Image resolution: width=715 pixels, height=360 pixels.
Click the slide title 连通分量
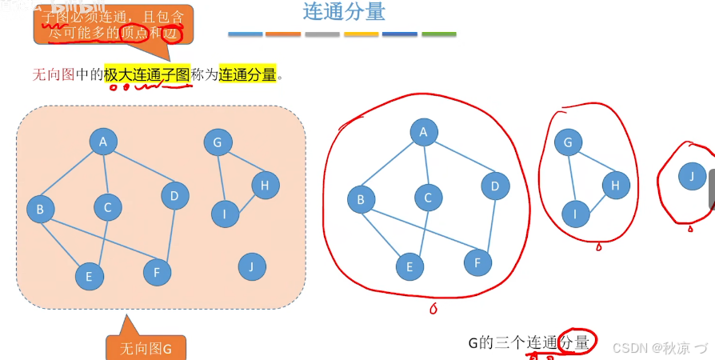pyautogui.click(x=344, y=12)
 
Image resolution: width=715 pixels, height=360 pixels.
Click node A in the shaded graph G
pyautogui.click(x=103, y=142)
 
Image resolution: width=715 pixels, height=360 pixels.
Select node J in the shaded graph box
pyautogui.click(x=252, y=266)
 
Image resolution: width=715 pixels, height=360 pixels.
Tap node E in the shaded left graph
pyautogui.click(x=90, y=277)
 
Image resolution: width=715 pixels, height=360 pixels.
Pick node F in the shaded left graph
pyautogui.click(x=157, y=272)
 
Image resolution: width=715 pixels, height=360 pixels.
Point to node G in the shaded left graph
pyautogui.click(x=217, y=143)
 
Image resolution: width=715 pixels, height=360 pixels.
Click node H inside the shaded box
pyautogui.click(x=266, y=186)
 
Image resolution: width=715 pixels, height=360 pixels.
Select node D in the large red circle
pyautogui.click(x=495, y=186)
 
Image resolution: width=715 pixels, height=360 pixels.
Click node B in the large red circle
pyautogui.click(x=361, y=199)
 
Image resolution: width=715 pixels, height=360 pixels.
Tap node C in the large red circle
pyautogui.click(x=428, y=198)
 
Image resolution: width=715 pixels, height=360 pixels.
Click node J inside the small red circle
pyautogui.click(x=691, y=175)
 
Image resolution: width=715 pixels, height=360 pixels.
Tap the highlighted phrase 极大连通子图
pyautogui.click(x=146, y=75)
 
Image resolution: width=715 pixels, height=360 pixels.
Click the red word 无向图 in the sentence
pyautogui.click(x=53, y=75)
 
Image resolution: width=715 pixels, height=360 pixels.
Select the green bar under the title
pyautogui.click(x=438, y=34)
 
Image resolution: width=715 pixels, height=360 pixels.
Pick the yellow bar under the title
pyautogui.click(x=361, y=34)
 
